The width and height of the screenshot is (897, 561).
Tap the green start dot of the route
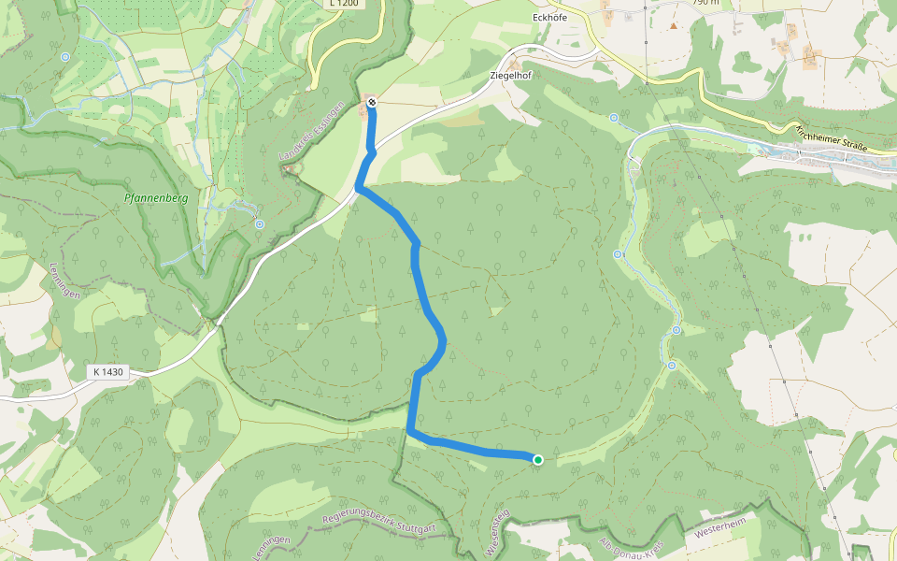[538, 459]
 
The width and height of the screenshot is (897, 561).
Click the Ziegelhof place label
[510, 76]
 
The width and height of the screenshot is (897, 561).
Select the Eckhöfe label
[548, 17]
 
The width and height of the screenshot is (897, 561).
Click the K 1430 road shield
[107, 372]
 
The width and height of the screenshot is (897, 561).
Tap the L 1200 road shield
[343, 4]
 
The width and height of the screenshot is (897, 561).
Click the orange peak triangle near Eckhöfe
[673, 25]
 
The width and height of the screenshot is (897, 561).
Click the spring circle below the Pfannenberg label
[259, 223]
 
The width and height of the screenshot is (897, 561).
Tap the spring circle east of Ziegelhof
[614, 118]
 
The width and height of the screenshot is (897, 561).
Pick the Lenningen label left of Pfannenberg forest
[64, 280]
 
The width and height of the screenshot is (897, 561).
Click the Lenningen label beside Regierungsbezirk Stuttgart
[272, 548]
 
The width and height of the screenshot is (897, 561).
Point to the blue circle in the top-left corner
[64, 57]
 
